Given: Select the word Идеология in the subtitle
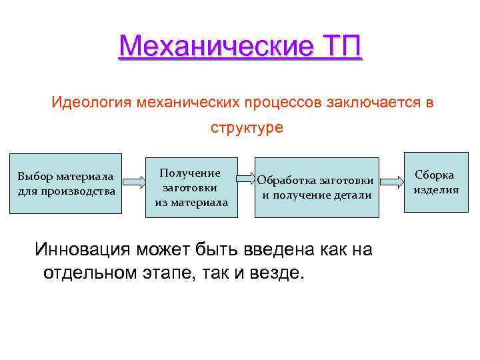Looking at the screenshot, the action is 92,103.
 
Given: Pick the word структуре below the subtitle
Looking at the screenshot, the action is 247,128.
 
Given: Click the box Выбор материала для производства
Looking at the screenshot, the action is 66,183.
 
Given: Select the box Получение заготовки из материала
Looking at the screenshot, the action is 191,187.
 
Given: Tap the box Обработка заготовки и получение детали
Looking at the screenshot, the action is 315,187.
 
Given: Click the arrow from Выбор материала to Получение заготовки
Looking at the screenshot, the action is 134,181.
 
